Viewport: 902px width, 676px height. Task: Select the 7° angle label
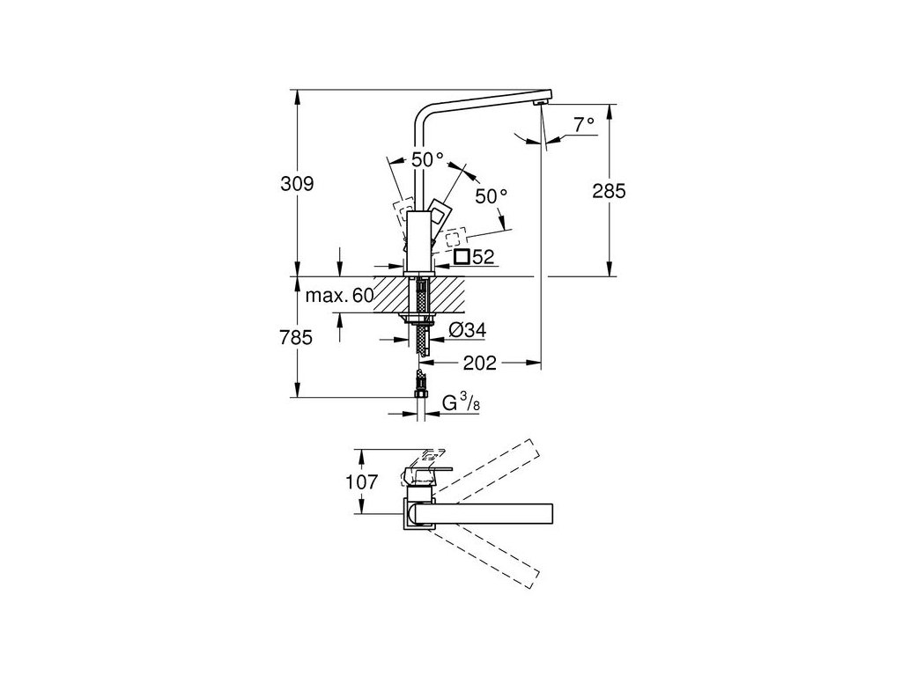[584, 125]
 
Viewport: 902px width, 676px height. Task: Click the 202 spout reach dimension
[480, 362]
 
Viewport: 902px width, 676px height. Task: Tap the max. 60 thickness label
[338, 295]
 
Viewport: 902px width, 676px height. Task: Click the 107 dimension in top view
[362, 482]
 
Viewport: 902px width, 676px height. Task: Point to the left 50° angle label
[428, 160]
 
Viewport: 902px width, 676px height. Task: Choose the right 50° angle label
[492, 196]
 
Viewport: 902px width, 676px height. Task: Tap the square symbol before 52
[462, 257]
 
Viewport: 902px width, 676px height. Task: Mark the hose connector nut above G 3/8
[422, 384]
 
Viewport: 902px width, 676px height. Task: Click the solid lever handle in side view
[441, 216]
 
